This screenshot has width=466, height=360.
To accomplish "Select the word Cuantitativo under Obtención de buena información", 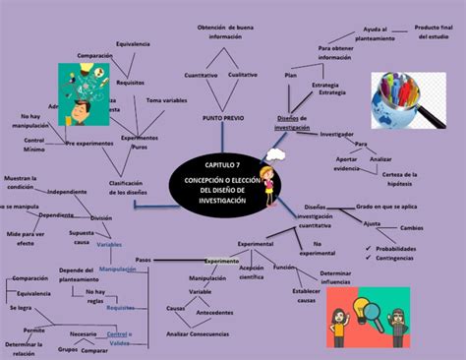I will coord(201,75).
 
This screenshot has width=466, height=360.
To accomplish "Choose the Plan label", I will coord(291,76).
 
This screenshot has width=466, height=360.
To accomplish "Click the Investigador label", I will coord(337,134).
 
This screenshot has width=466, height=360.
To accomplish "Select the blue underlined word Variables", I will coord(109,243).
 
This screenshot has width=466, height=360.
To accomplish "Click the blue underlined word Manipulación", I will coord(117,269).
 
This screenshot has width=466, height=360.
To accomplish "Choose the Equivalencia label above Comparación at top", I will coord(133,44).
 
